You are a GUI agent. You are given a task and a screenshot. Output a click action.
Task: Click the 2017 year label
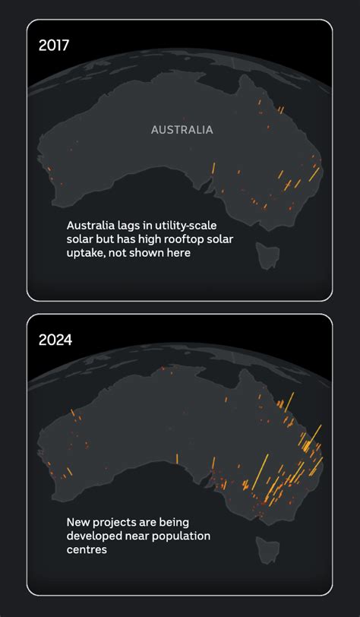click(54, 45)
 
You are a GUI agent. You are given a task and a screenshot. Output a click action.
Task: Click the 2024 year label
click(55, 340)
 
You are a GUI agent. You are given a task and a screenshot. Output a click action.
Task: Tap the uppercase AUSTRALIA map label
click(182, 130)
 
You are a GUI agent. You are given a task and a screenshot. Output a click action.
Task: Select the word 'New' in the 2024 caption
click(77, 522)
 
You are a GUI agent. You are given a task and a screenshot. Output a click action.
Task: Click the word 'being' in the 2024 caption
click(181, 522)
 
